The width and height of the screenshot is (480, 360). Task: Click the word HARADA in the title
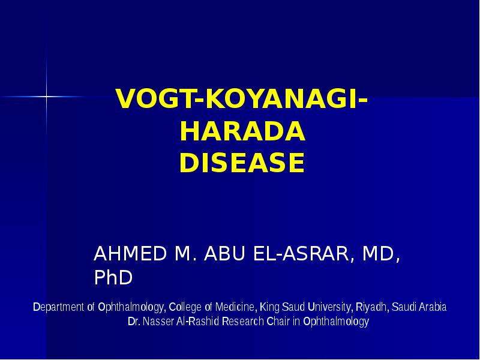click(x=242, y=132)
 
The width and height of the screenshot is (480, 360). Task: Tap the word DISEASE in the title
click(x=242, y=163)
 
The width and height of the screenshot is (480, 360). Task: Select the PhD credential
click(x=113, y=278)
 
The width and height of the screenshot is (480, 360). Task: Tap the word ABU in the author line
click(x=227, y=254)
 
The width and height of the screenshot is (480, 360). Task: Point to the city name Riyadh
click(x=372, y=307)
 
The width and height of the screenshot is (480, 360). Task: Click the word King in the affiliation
click(x=268, y=307)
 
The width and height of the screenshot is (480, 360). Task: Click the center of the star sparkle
click(x=46, y=96)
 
